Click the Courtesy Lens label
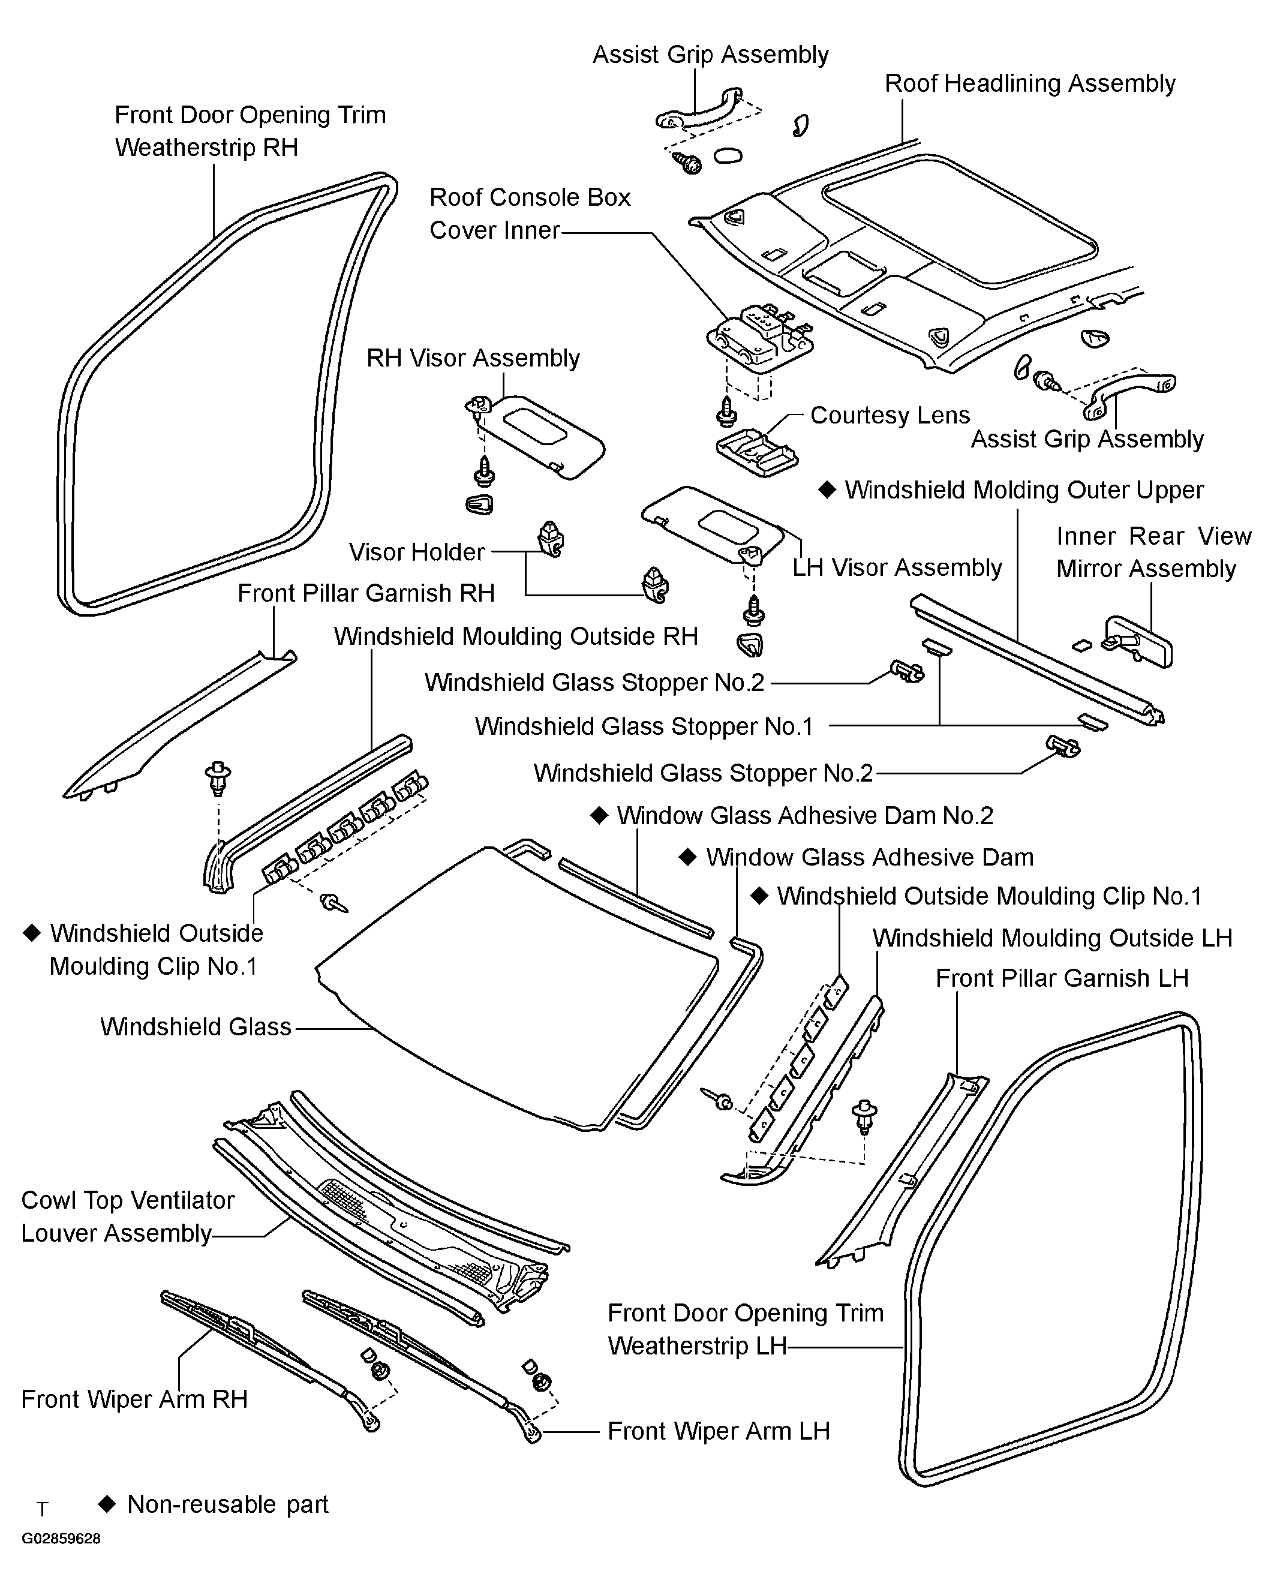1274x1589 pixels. [890, 415]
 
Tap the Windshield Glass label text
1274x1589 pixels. [196, 1027]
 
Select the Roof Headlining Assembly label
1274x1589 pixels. [1029, 83]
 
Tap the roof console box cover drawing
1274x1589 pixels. [759, 339]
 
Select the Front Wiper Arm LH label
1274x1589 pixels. [719, 1431]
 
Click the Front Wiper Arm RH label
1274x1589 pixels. [134, 1399]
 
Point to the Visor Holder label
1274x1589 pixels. [416, 552]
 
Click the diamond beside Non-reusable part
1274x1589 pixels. [107, 1504]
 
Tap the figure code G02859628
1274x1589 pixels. [61, 1539]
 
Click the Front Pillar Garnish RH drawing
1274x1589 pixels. [177, 726]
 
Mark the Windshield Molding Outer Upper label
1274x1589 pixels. [1023, 490]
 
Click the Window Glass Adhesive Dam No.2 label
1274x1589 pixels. [804, 815]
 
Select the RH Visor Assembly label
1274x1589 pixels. [473, 358]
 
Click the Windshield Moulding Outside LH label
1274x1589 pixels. [1052, 938]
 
